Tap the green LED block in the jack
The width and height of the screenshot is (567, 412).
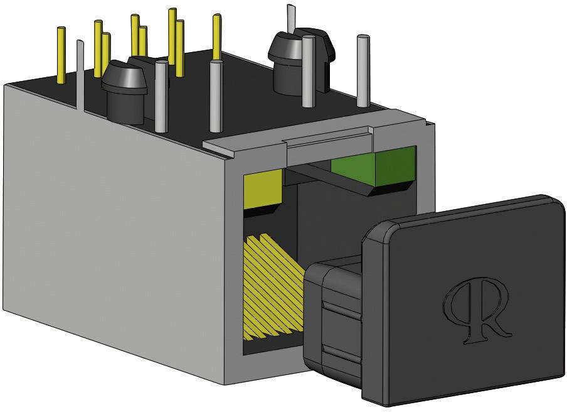(373, 167)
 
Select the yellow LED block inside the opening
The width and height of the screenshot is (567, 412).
(262, 190)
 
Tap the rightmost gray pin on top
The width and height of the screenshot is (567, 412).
(363, 69)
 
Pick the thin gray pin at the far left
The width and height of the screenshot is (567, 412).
(80, 75)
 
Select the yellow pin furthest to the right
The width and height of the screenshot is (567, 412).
(216, 37)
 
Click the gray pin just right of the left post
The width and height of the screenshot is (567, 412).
(161, 94)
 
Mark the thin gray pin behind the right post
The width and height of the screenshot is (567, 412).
(290, 16)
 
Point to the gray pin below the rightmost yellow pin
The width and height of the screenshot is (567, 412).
(216, 97)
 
